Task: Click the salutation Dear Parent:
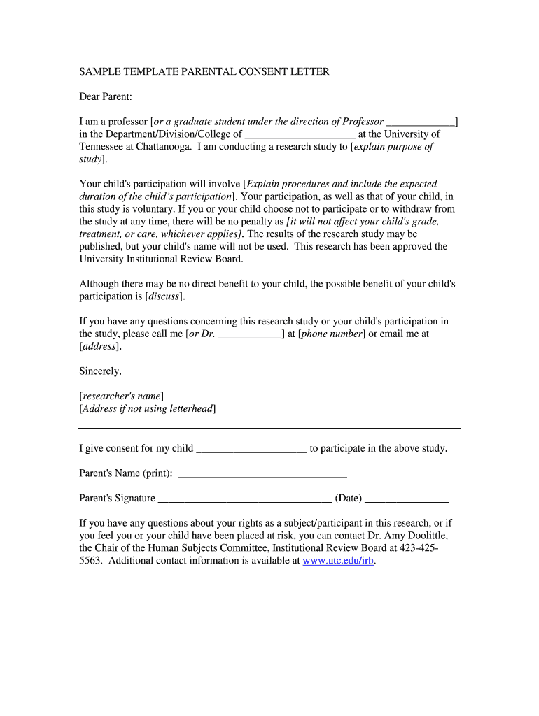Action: click(106, 96)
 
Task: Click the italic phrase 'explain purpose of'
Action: click(393, 147)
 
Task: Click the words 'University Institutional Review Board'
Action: click(160, 259)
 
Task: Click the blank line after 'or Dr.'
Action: click(250, 334)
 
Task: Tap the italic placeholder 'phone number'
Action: click(332, 334)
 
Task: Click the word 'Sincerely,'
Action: click(100, 371)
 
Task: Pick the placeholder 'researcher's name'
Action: click(122, 396)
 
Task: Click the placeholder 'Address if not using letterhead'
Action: click(148, 409)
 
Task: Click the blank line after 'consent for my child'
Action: click(251, 449)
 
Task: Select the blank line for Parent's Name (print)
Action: click(262, 474)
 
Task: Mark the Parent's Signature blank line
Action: click(245, 499)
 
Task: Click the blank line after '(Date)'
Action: click(407, 499)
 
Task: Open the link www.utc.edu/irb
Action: click(339, 561)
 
